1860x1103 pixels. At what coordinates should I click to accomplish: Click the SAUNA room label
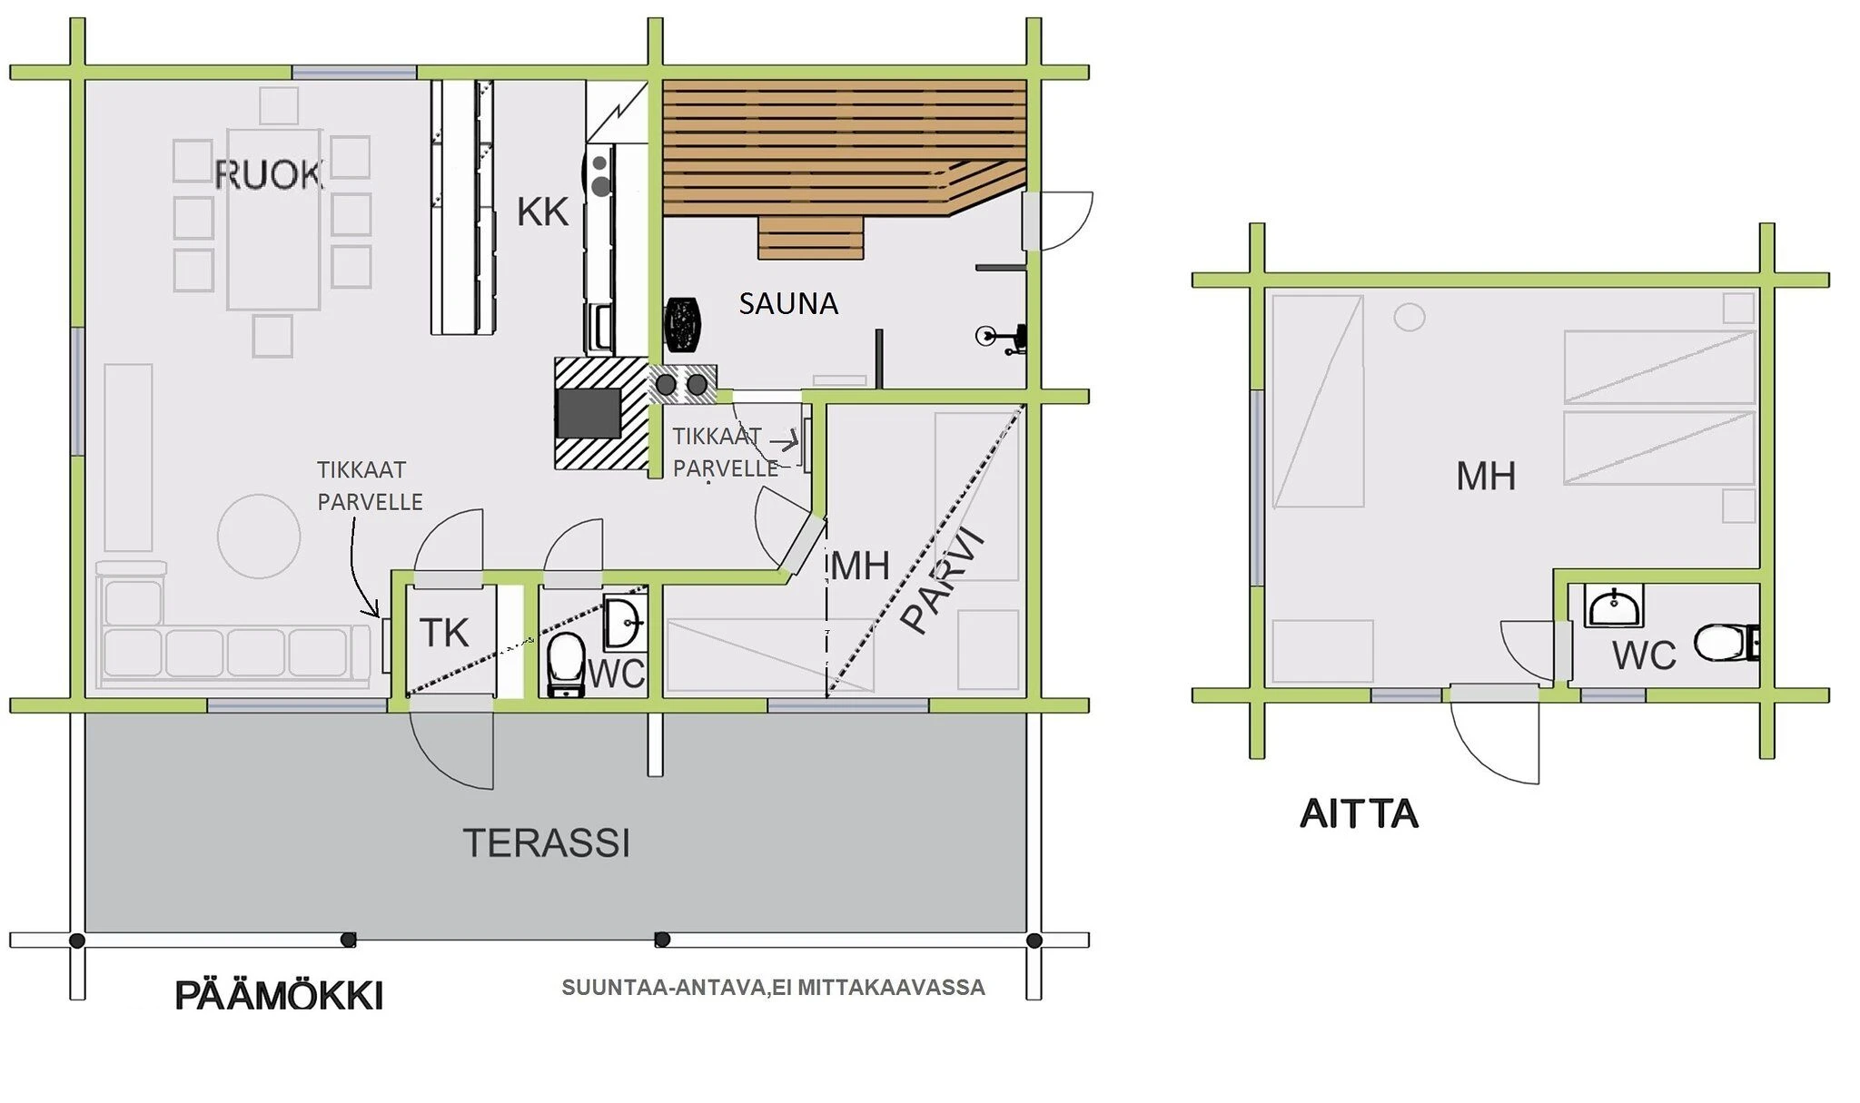point(787,303)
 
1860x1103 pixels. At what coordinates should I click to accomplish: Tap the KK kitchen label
point(542,212)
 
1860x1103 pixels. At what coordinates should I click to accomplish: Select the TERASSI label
point(547,843)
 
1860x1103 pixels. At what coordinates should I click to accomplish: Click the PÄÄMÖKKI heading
point(279,995)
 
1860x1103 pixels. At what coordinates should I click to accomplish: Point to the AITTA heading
point(1359,813)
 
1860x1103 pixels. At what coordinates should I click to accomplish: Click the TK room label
point(444,633)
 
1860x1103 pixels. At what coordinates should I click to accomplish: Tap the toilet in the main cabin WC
point(567,665)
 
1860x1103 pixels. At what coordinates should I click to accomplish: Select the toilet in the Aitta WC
point(1726,643)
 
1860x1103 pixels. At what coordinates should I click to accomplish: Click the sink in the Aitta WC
point(1614,606)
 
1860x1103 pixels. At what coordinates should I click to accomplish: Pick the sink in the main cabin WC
point(625,623)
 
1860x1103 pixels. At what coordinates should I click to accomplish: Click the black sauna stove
point(683,324)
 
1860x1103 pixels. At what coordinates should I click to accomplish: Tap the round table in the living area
point(259,537)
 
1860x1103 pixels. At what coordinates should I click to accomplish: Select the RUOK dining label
point(269,174)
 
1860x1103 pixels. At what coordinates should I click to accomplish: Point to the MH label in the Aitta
point(1486,476)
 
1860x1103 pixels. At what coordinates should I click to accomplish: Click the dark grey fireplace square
point(589,413)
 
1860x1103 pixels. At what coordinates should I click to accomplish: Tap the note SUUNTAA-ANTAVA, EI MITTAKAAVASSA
point(773,988)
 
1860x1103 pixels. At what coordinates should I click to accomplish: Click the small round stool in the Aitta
point(1410,318)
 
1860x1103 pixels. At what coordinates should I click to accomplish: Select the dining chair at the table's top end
point(279,106)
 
